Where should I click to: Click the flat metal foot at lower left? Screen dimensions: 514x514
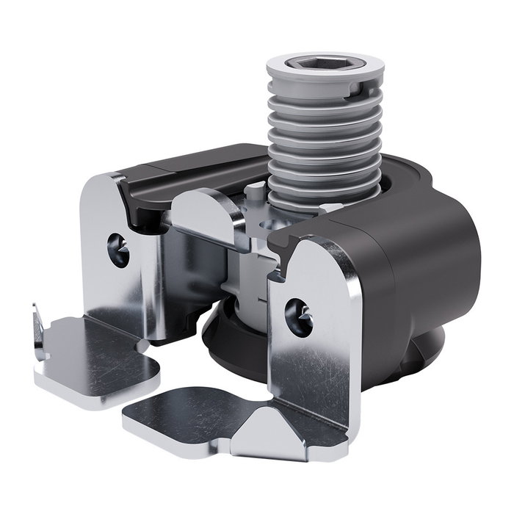coord(95,356)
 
